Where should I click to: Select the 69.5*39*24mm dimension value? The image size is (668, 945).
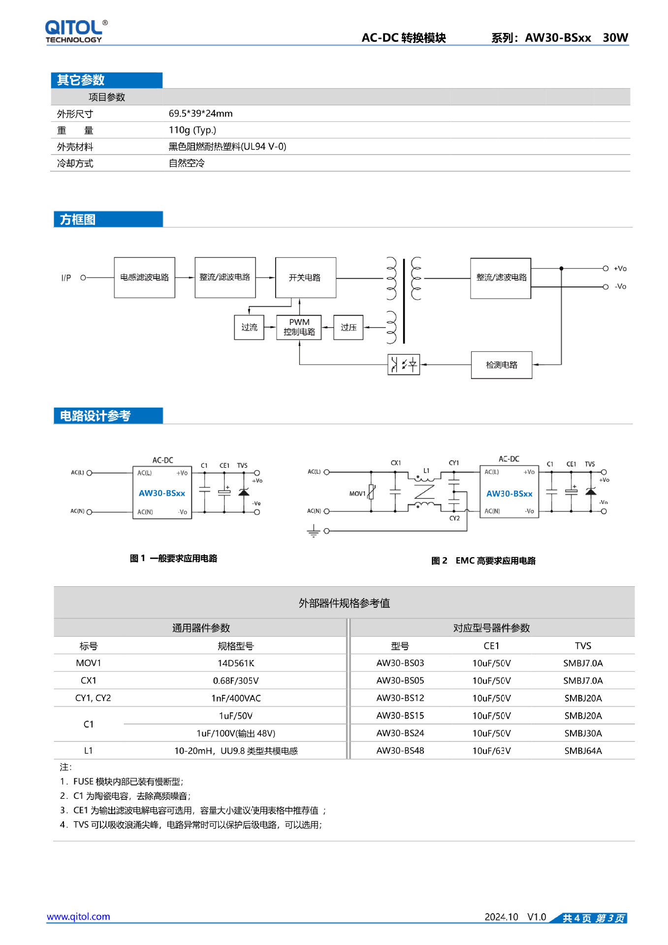click(200, 114)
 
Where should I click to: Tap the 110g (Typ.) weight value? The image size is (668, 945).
click(192, 130)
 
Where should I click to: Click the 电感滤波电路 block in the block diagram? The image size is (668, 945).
click(144, 278)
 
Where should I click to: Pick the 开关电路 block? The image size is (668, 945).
click(305, 278)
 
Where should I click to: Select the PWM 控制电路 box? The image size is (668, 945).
click(299, 327)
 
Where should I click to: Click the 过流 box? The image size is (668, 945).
click(249, 327)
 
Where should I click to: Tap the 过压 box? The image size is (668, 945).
click(348, 327)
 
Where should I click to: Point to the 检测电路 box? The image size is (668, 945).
click(501, 365)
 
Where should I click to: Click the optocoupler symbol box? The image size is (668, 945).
click(404, 365)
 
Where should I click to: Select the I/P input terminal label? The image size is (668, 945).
click(66, 278)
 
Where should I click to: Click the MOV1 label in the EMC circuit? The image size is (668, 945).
click(357, 494)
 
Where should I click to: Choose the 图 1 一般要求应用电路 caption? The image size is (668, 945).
click(173, 558)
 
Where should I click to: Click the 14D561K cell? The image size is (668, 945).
click(236, 663)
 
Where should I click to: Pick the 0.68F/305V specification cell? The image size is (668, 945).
click(236, 681)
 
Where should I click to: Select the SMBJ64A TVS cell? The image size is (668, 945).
click(583, 751)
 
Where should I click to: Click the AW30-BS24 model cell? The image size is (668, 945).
click(400, 733)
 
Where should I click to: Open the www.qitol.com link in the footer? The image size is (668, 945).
click(78, 916)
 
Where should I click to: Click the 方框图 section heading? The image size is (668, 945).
click(78, 220)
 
